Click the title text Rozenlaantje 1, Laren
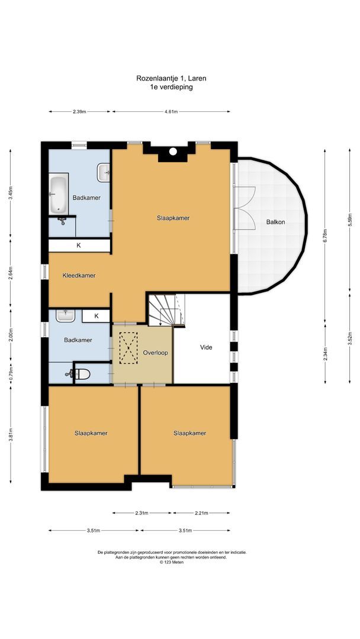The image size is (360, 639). (x=171, y=78)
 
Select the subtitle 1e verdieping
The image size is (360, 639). (x=171, y=86)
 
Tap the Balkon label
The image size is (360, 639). (x=275, y=222)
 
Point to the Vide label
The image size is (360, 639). (x=206, y=347)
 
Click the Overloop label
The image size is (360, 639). (x=155, y=353)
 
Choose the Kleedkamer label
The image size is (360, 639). (x=79, y=275)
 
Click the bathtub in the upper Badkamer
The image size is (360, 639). (x=58, y=194)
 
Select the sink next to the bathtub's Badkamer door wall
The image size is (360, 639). (x=104, y=173)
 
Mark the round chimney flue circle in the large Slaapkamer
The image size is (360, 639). (x=173, y=151)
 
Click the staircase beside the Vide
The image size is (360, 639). (x=165, y=309)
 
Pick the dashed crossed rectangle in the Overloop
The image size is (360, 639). (x=127, y=348)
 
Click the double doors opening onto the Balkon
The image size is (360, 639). (x=245, y=208)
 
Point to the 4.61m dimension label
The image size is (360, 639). (x=171, y=111)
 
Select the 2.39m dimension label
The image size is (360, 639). (x=79, y=111)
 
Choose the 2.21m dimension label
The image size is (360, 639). (x=202, y=513)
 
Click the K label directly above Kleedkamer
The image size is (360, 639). (x=78, y=245)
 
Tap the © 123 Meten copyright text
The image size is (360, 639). (x=172, y=563)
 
